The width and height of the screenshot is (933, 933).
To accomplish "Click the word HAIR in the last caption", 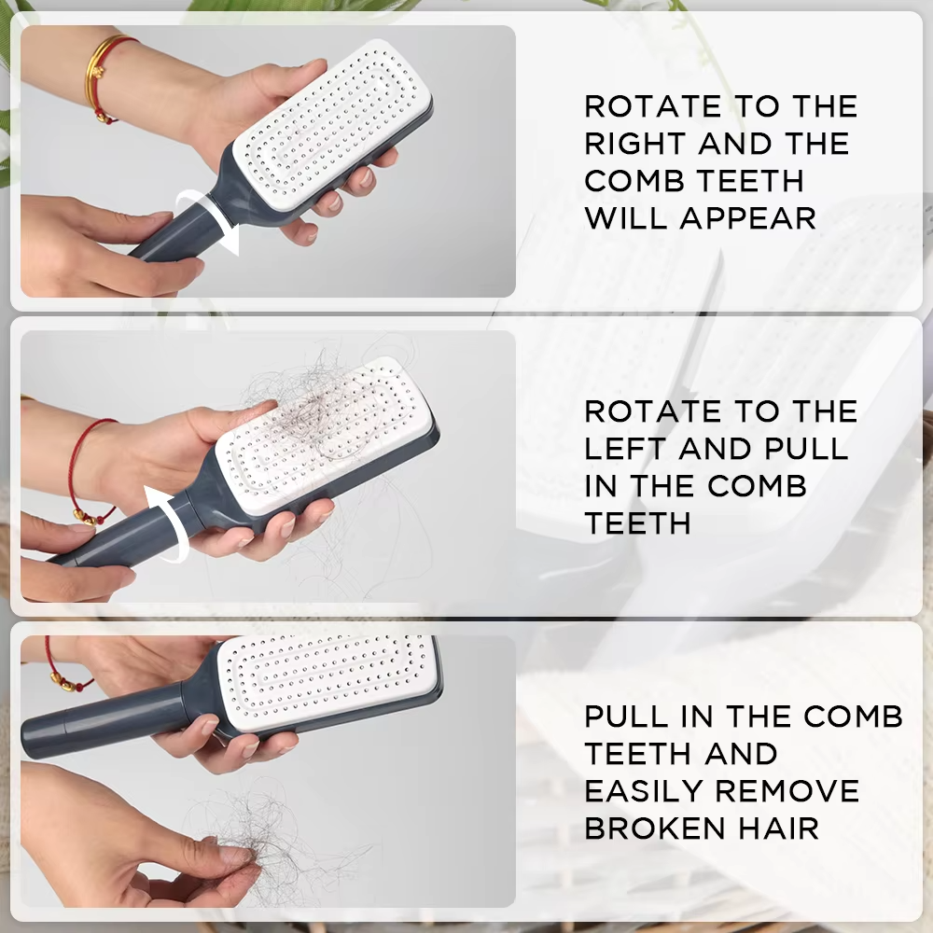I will (x=785, y=828).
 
